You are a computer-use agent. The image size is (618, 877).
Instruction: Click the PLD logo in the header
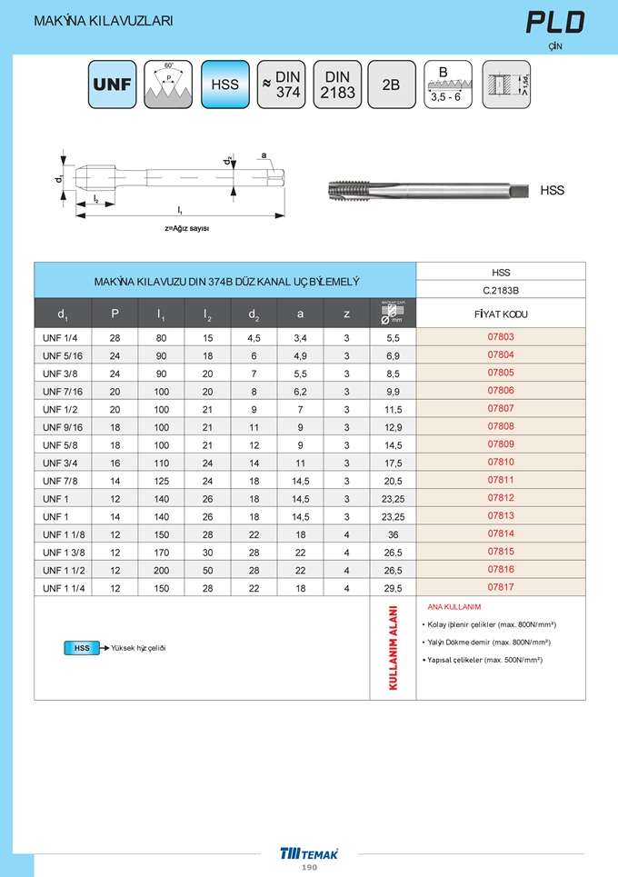pos(555,22)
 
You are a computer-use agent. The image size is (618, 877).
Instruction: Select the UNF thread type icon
pos(113,85)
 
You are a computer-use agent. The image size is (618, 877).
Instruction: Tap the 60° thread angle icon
pos(169,85)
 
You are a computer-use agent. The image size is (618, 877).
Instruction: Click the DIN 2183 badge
pos(337,85)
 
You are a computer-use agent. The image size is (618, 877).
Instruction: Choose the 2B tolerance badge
pos(392,85)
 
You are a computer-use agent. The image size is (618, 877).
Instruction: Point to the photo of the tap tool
pos(426,190)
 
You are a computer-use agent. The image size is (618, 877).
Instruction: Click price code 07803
pos(501,337)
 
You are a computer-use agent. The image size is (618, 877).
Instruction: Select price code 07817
pos(501,587)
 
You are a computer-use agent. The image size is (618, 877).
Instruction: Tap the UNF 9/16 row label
pos(63,426)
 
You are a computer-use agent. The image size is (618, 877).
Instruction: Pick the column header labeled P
pos(115,314)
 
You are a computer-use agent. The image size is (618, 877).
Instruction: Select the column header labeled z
pos(346,314)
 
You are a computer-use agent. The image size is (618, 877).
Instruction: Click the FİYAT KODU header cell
pos(501,314)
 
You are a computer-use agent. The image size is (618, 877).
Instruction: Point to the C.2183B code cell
pos(501,291)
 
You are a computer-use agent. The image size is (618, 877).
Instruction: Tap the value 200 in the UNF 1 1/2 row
pos(162,570)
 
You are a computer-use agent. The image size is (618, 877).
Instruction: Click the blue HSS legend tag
pos(82,648)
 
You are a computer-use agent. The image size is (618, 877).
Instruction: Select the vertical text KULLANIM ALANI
pos(393,648)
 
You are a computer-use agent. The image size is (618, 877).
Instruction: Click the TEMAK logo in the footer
pos(309,853)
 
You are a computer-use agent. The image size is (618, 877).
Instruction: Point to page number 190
pos(309,868)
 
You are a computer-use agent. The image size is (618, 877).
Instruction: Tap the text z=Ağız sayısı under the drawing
pos(187,228)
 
